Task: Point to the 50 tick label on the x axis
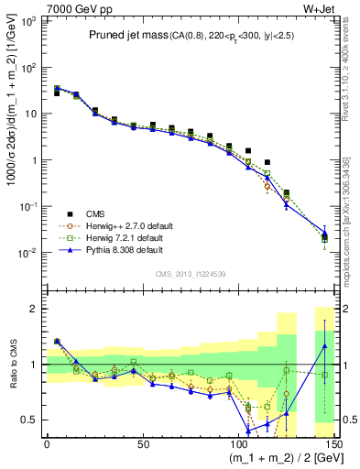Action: (x=141, y=443)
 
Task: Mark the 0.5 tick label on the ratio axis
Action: (x=30, y=420)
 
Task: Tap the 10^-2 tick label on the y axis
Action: (x=28, y=252)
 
